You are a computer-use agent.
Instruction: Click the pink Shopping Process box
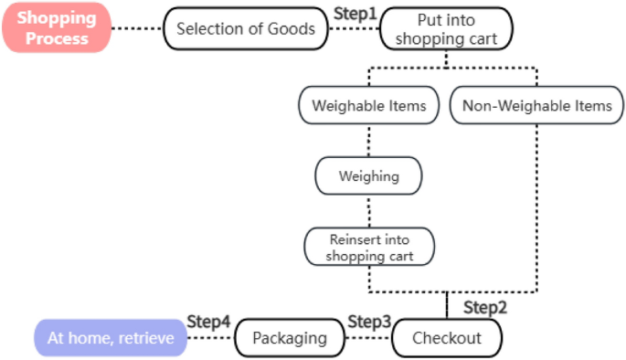click(x=56, y=27)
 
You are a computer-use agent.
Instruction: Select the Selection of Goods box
click(x=245, y=28)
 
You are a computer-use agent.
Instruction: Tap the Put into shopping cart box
click(x=445, y=28)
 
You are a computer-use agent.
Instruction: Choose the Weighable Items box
click(x=369, y=106)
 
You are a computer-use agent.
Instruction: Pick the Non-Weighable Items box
click(x=536, y=106)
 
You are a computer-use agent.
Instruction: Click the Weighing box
click(x=369, y=175)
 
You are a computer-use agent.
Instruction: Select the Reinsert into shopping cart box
click(x=369, y=247)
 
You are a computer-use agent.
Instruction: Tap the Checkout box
click(x=446, y=338)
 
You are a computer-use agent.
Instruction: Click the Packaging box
click(x=289, y=338)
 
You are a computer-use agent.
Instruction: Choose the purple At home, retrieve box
click(x=111, y=338)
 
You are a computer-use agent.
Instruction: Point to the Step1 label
click(x=354, y=13)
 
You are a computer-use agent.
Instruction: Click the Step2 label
click(x=484, y=307)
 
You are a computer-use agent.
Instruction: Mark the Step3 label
click(x=369, y=323)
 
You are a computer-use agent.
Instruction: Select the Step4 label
click(x=209, y=323)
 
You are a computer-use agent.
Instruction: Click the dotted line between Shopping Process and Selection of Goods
click(x=137, y=28)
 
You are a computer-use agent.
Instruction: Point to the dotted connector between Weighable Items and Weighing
click(x=369, y=140)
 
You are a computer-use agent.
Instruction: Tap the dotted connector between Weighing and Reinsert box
click(x=369, y=211)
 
